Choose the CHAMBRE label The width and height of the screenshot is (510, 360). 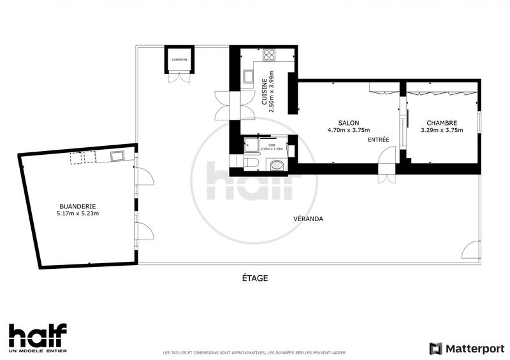click(442, 123)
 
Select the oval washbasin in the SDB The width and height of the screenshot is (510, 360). click(278, 167)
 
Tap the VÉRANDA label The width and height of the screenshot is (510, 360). click(309, 219)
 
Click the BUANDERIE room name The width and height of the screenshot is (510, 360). click(77, 206)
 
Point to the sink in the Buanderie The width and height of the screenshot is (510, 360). click(117, 155)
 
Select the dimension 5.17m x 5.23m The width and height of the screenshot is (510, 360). click(77, 214)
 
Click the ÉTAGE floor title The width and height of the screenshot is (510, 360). click(254, 278)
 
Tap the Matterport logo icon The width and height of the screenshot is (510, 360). click(435, 348)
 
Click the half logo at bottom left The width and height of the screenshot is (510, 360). click(38, 336)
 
